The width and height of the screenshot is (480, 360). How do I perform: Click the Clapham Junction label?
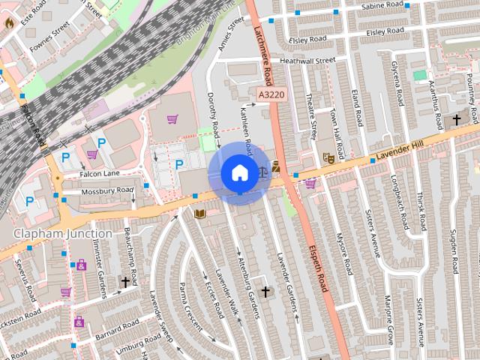point(62,234)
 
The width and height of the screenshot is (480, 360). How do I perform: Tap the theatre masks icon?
point(327,157)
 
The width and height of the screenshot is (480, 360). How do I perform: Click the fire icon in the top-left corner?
point(9,22)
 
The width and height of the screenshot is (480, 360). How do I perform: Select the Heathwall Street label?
point(307,60)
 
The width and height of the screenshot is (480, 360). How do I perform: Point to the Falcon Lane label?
point(100,173)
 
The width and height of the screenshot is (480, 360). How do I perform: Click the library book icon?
point(199,214)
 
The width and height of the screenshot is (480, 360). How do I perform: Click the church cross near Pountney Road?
point(457,120)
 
